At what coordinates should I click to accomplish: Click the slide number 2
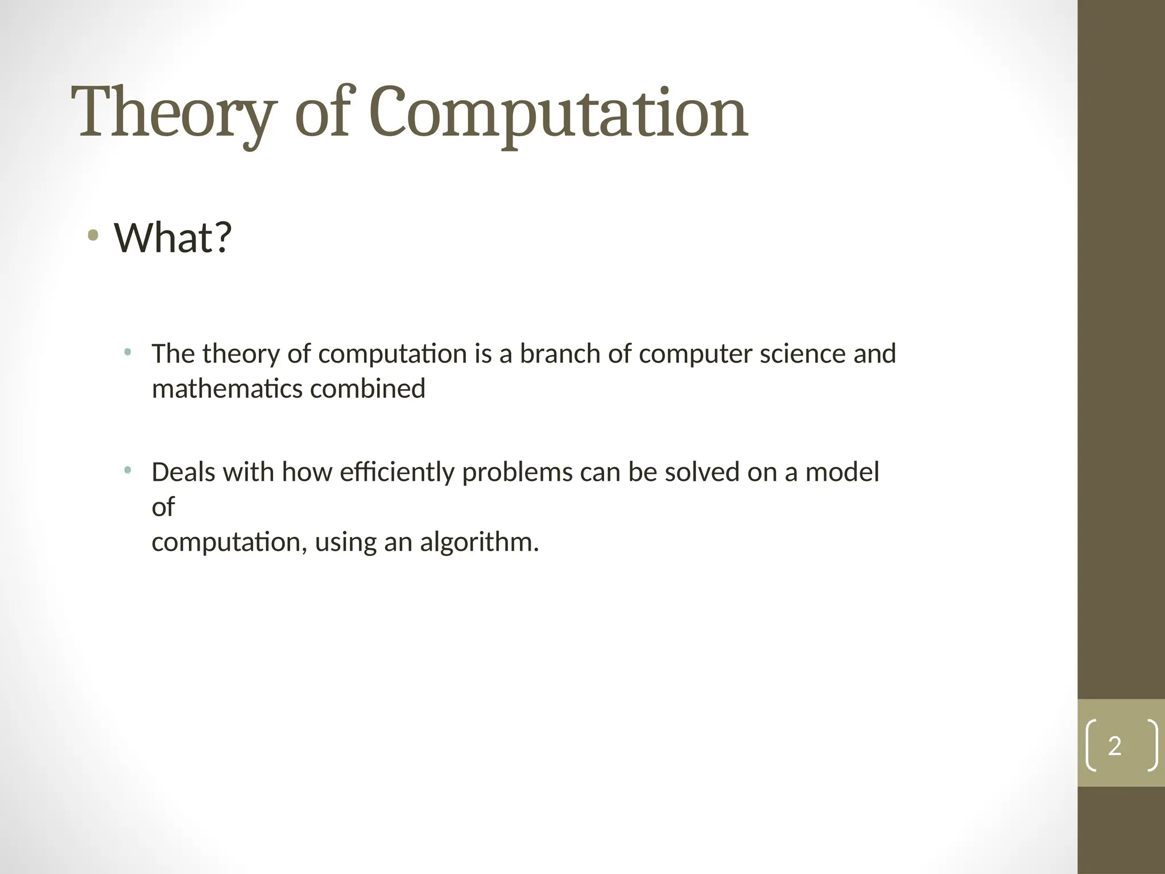click(x=1114, y=746)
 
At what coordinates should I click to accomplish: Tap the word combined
click(x=367, y=389)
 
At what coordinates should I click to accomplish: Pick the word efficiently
click(x=396, y=472)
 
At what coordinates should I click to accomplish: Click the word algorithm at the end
click(x=478, y=542)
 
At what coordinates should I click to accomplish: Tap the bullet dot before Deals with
click(x=127, y=470)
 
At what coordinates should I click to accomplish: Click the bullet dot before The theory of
click(x=127, y=352)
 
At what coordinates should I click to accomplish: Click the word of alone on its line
click(x=163, y=507)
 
